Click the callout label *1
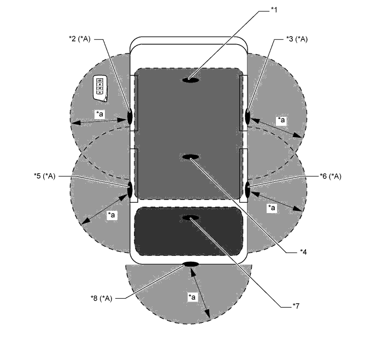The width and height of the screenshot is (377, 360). pos(274,10)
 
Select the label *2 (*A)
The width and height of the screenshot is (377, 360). pos(80,39)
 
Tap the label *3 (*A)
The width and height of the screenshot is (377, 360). pos(297,39)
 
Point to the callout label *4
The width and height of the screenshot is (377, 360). pos(303,252)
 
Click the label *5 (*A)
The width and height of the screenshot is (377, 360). pos(44,176)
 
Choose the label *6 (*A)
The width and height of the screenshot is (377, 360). pos(331,176)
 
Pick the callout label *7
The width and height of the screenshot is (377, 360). pos(296,306)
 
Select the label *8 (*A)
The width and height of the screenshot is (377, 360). pos(101,298)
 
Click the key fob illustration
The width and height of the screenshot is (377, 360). pos(100,88)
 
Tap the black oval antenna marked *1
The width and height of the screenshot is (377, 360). pos(191,80)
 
